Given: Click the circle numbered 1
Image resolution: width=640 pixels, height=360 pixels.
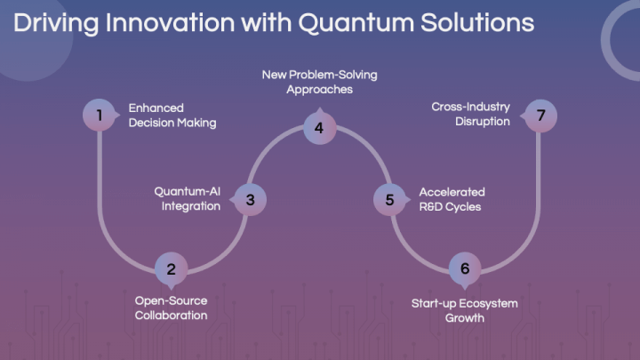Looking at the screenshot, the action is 100,115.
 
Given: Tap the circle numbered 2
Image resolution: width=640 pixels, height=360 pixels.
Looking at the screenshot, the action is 172,268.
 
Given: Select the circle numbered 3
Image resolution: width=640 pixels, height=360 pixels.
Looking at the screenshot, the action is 250,200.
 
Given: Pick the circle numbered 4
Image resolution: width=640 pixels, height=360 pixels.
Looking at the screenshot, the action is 320,128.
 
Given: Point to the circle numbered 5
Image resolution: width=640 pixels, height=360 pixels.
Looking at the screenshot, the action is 390,200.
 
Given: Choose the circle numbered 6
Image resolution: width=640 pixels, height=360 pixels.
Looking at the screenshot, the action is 465,268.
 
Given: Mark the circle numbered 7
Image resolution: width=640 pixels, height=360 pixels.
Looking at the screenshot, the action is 540,116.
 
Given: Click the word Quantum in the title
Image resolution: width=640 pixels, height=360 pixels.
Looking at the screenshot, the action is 356,23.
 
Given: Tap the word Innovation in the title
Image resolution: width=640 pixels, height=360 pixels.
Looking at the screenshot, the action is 170,22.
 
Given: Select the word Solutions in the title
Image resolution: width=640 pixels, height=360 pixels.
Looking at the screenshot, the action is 477,22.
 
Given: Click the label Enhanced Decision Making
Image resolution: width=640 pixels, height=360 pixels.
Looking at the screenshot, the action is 172,116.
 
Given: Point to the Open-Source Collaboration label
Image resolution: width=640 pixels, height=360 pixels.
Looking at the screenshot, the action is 171,308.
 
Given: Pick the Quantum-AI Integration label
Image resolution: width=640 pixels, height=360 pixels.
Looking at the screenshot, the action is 188,199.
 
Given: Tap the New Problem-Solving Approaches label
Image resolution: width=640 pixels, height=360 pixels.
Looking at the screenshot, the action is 320,82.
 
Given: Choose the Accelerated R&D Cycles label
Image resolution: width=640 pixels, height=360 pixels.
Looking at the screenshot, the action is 452,199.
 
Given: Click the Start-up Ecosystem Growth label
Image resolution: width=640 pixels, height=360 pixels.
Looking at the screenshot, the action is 465,310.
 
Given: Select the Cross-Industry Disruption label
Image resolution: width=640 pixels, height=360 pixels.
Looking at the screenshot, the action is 470,114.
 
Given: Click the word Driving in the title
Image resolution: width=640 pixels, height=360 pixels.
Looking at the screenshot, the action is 56,23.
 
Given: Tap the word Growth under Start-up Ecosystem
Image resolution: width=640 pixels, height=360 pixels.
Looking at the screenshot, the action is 465,318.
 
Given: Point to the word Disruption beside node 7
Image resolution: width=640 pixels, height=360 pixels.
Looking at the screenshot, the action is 483,122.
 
